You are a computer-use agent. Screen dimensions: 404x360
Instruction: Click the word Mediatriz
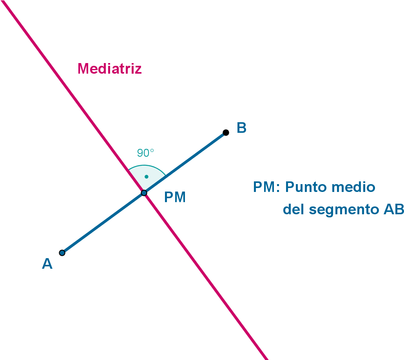pyautogui.click(x=109, y=69)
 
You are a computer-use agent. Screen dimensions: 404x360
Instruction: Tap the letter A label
pyautogui.click(x=47, y=264)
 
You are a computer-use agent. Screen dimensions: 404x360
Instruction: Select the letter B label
pyautogui.click(x=241, y=128)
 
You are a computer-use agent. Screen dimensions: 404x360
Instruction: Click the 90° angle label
pyautogui.click(x=145, y=153)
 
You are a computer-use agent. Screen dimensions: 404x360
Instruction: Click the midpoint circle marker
pyautogui.click(x=144, y=193)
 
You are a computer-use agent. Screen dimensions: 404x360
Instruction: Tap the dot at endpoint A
pyautogui.click(x=62, y=253)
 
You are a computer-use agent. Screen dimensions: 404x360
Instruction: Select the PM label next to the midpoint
pyautogui.click(x=175, y=197)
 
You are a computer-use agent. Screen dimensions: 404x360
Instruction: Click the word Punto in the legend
pyautogui.click(x=306, y=187)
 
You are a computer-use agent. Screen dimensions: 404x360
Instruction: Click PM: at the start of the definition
pyautogui.click(x=266, y=187)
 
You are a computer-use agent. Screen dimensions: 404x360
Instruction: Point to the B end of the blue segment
pyautogui.click(x=222, y=135)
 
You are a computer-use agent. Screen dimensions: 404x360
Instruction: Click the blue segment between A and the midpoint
pyautogui.click(x=103, y=223)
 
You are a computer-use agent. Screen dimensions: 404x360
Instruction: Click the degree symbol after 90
pyautogui.click(x=152, y=150)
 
